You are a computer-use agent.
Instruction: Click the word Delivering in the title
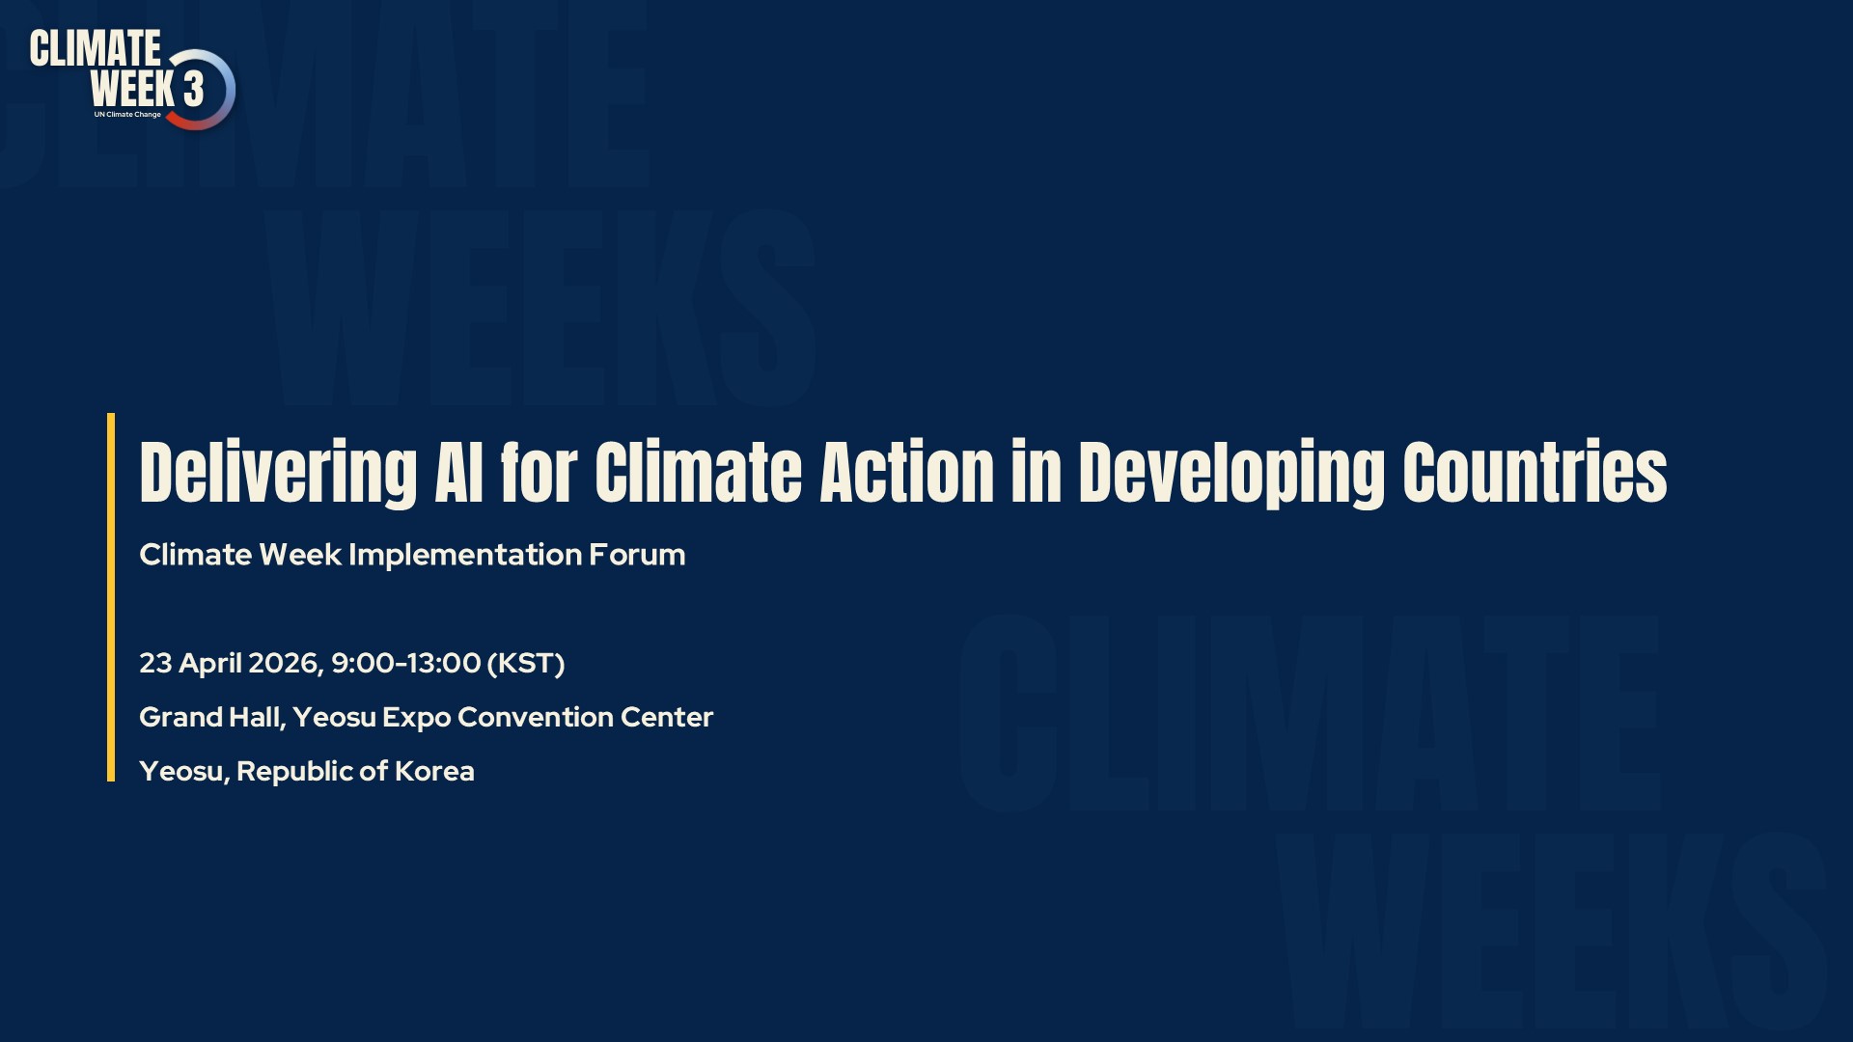(278, 473)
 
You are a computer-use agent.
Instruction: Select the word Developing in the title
(1231, 473)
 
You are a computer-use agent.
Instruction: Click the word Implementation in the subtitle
(465, 555)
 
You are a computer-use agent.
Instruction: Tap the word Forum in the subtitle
(637, 555)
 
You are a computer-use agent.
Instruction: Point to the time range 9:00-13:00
(406, 663)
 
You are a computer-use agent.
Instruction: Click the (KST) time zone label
(526, 664)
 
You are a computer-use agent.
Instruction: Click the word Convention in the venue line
(536, 717)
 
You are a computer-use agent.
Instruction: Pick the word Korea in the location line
(434, 772)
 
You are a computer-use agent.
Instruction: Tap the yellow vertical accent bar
(111, 597)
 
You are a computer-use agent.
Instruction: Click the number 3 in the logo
(193, 89)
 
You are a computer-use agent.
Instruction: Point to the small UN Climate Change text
(127, 115)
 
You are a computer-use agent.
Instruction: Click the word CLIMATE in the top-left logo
(96, 48)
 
